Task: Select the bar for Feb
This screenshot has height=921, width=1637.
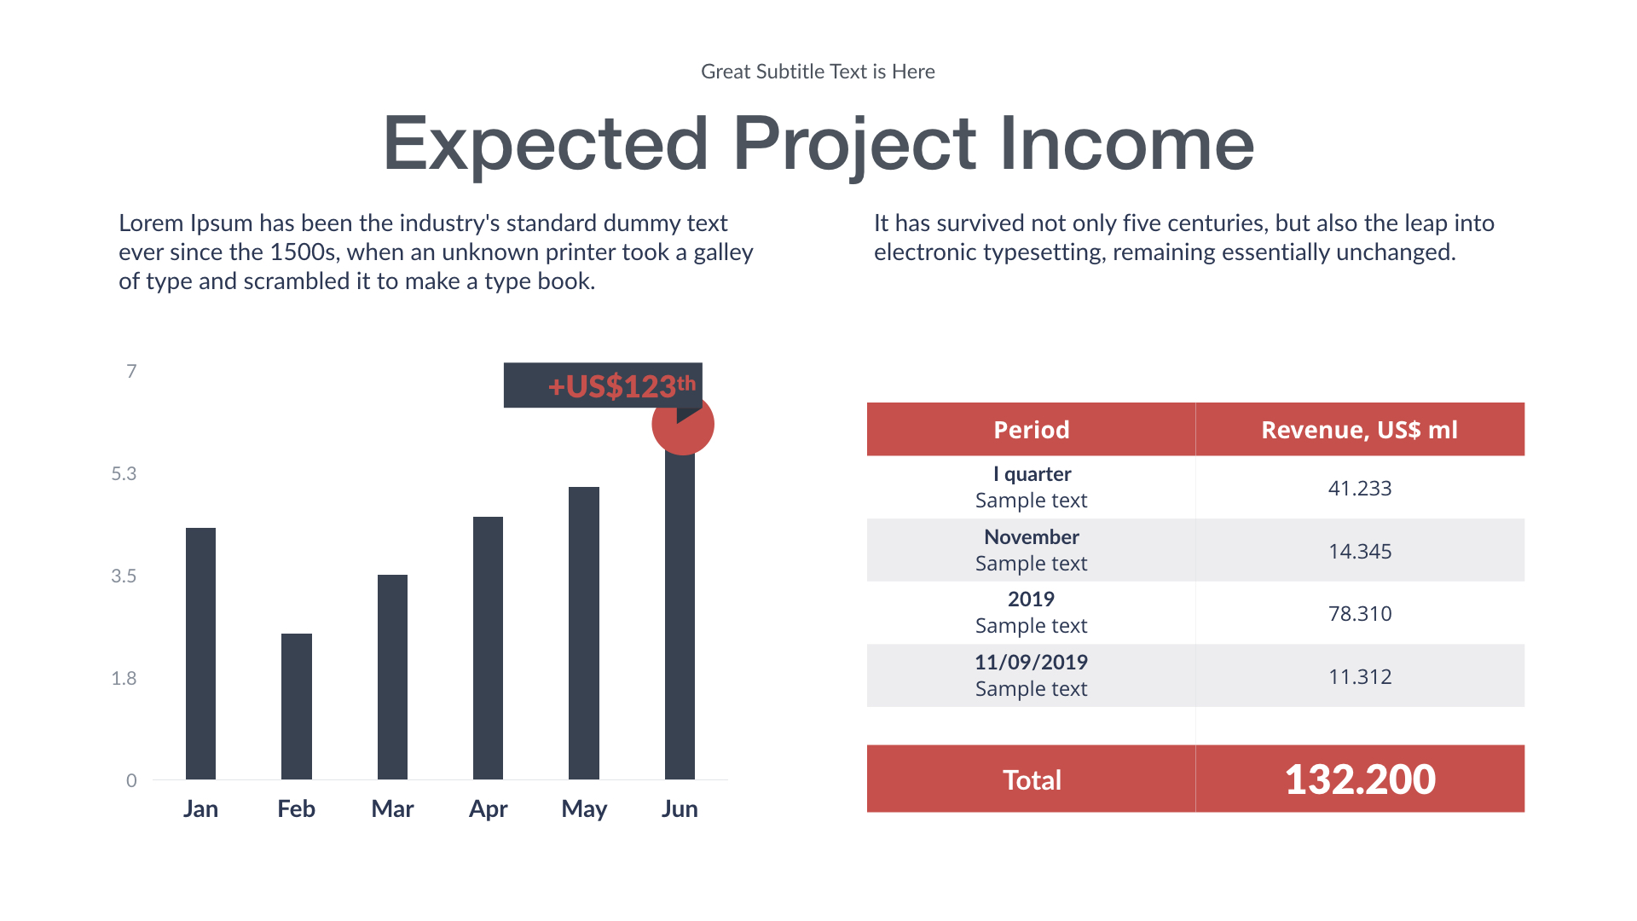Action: (296, 706)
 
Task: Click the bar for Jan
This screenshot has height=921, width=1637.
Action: (200, 653)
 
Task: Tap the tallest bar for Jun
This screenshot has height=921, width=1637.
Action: (680, 614)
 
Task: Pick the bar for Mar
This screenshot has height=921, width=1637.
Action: (392, 676)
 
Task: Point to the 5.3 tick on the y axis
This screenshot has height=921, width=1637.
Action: (124, 473)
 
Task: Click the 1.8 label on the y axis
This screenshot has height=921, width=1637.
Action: (124, 678)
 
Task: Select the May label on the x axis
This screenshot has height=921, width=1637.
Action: (584, 808)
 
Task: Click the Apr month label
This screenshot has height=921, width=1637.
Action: (488, 808)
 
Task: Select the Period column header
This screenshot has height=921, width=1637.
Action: (1031, 429)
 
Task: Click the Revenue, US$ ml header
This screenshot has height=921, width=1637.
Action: (1359, 429)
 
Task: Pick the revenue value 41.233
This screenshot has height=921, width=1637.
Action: (1359, 488)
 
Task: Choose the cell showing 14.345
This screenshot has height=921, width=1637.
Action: (1359, 551)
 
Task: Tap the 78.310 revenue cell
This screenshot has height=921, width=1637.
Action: (1359, 613)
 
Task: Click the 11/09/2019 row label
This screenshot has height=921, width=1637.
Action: (1031, 662)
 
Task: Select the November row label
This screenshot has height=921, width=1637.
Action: (1031, 536)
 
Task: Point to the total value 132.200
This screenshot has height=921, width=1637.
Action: (1359, 779)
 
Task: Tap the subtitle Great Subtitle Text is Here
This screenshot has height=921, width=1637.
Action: (818, 72)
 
